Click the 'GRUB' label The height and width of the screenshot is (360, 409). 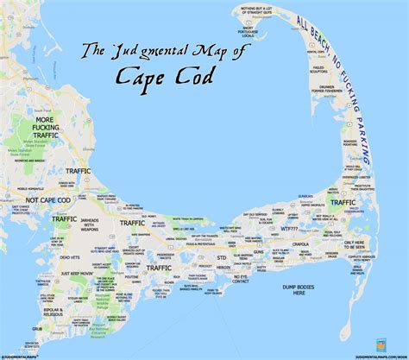point(13,329)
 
